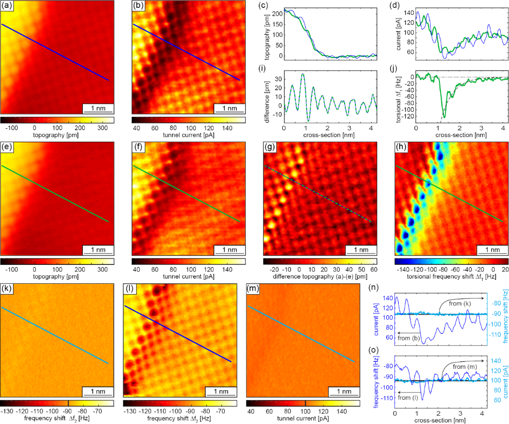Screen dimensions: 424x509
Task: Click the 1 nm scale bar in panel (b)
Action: (229, 107)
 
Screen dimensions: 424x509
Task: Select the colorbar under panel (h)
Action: (451, 260)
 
